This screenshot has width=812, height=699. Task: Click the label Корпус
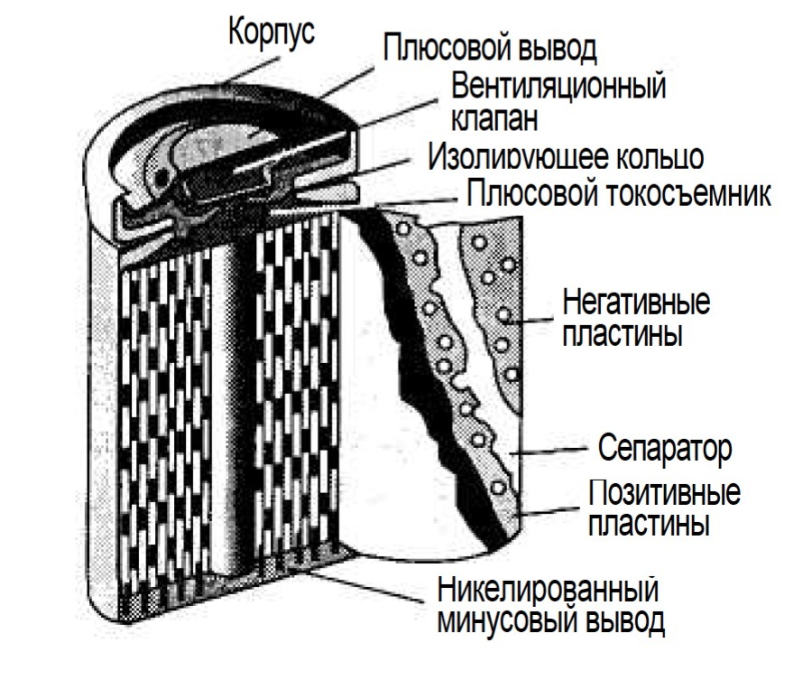point(272,33)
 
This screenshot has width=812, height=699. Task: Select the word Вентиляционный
point(558,86)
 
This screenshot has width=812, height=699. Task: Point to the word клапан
point(494,118)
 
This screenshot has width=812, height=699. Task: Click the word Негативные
point(636,303)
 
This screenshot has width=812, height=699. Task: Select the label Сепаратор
point(665,449)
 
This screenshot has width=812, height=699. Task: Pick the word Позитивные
point(664,492)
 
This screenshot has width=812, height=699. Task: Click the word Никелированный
point(548,590)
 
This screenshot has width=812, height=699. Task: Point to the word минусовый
point(506,620)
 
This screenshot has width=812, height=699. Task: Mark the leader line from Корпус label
point(251,70)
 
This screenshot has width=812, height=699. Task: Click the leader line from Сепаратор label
point(549,451)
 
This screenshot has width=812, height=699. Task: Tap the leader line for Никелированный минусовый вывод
point(365,585)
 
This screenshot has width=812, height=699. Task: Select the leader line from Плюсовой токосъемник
point(415,201)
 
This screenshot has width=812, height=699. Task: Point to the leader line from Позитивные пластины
point(549,511)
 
